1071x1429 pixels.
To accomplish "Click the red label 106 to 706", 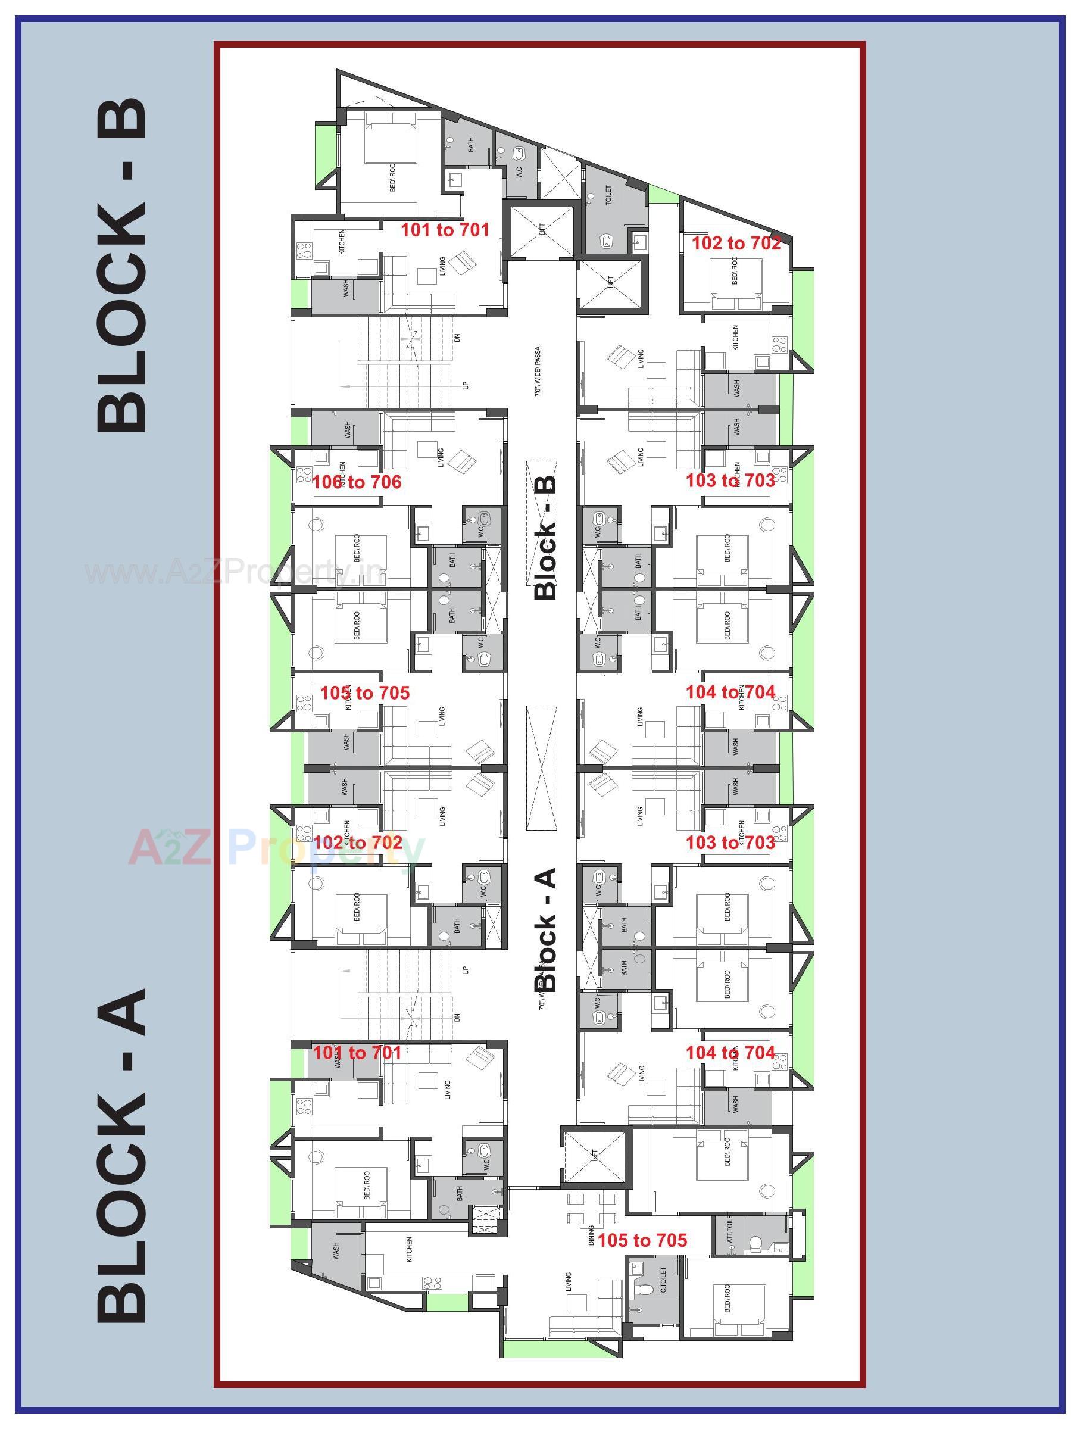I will point(357,482).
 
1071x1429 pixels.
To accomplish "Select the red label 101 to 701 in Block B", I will point(445,230).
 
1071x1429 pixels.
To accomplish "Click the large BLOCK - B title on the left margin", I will point(122,265).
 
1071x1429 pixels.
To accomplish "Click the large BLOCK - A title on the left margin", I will point(122,1153).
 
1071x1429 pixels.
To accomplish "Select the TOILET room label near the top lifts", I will point(608,196).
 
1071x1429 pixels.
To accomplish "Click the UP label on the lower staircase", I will point(464,971).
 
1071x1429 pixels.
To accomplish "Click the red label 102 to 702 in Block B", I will point(736,244).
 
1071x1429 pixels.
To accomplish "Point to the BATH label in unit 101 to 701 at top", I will point(470,145).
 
